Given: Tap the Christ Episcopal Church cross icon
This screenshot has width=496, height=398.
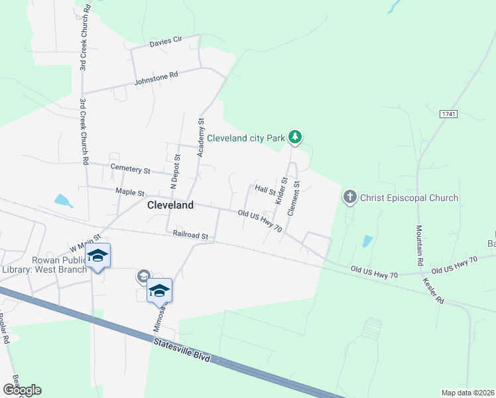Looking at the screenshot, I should tap(349, 197).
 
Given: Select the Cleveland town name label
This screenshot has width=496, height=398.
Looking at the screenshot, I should tap(170, 205).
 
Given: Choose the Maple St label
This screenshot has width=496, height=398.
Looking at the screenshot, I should tap(130, 192).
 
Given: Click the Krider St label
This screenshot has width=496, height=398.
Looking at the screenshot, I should tap(282, 190).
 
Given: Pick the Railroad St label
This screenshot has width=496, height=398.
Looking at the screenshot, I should tap(190, 235).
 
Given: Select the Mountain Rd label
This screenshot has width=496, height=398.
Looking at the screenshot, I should tap(419, 245).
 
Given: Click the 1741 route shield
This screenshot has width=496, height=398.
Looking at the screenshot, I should tap(448, 114).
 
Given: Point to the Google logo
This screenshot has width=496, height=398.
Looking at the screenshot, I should tap(22, 390).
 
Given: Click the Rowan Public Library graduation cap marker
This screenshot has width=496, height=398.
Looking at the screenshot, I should tap(97, 256).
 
